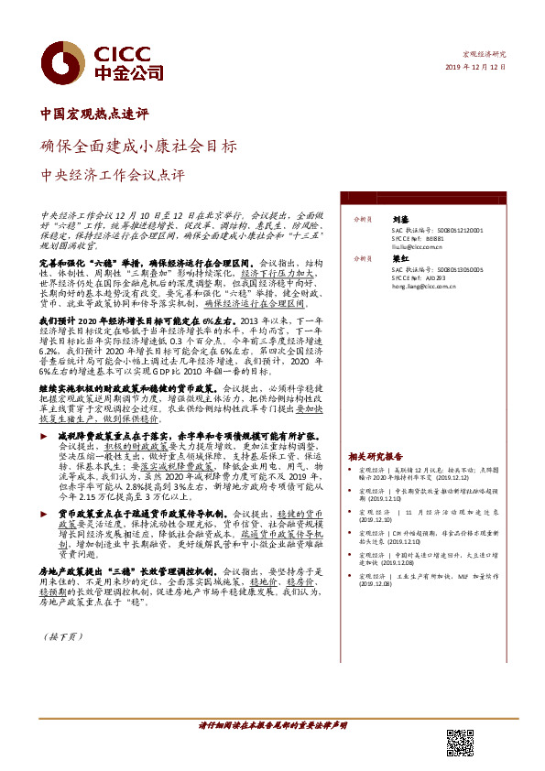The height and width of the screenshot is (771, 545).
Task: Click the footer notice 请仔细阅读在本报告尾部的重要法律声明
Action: pyautogui.click(x=272, y=724)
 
